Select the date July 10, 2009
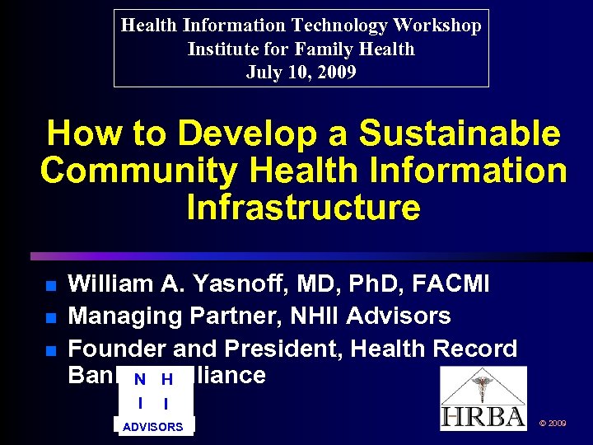click(301, 73)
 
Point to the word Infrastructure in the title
click(303, 208)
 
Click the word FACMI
click(455, 284)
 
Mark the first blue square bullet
click(49, 286)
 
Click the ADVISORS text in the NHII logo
click(153, 427)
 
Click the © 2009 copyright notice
click(552, 423)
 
